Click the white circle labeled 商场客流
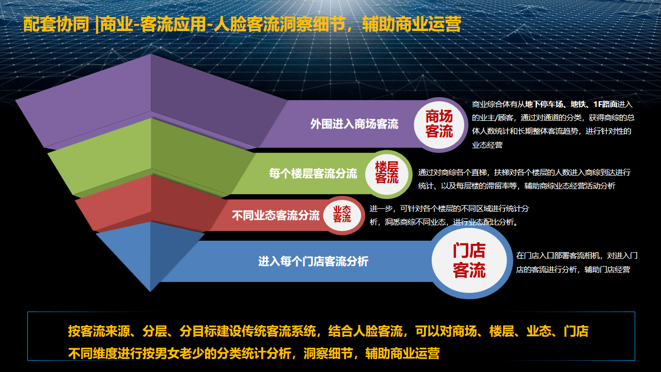coord(439,125)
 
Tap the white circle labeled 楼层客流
coord(387,173)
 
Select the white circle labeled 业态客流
coord(342,215)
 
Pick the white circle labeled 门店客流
coord(469,260)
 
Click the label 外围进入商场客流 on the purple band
coord(354,124)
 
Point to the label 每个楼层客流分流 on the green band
coord(313,174)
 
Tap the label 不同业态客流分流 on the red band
coord(276,215)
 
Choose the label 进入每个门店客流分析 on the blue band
coord(313,261)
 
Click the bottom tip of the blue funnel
coord(150,291)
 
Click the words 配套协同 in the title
coord(56,24)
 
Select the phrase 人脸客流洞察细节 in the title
coord(280,24)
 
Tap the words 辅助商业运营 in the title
coord(412,24)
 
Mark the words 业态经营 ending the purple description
coord(487,145)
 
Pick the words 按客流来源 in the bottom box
coord(99,331)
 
